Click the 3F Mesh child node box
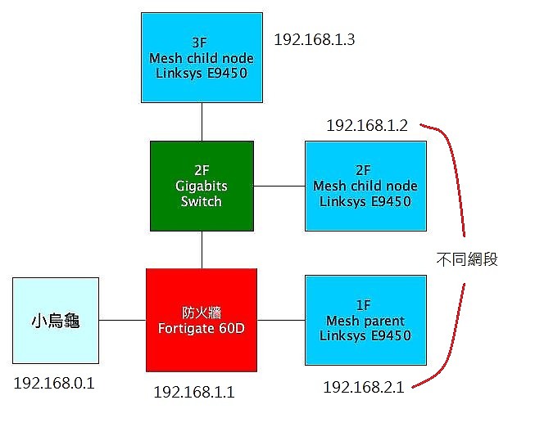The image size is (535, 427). [202, 57]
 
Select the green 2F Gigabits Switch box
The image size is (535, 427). [202, 186]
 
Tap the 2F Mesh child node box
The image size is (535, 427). [365, 186]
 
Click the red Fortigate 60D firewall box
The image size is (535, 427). [202, 320]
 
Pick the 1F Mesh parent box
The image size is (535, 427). [365, 321]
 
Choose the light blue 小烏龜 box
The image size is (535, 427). [56, 321]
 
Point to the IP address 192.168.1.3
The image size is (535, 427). [315, 39]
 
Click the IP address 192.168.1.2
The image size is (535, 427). [367, 125]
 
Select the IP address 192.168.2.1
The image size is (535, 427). [364, 387]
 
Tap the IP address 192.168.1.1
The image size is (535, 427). [194, 393]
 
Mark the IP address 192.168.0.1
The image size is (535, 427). [54, 384]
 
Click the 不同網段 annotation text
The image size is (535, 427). [467, 259]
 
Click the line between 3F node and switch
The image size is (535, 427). [202, 122]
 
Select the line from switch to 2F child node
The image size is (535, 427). [279, 186]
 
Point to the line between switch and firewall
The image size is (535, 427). [202, 249]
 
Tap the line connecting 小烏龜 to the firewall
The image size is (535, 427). [123, 320]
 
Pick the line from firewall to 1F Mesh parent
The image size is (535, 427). [281, 320]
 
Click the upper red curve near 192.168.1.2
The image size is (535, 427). [456, 164]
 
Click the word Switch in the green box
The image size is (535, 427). [202, 201]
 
